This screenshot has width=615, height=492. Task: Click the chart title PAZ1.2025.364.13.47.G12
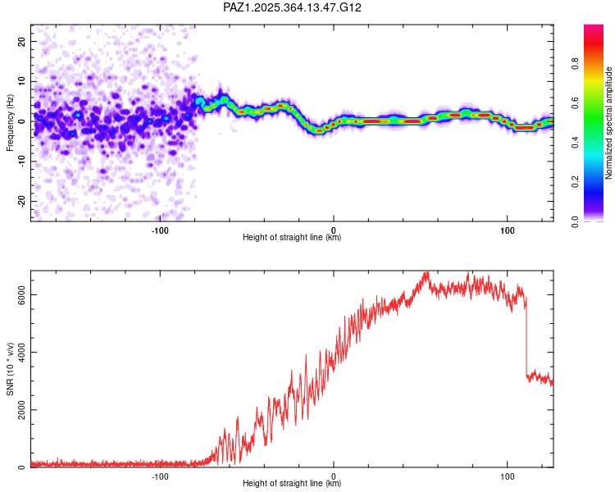pos(293,7)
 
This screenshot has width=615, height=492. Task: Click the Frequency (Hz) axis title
pos(10,123)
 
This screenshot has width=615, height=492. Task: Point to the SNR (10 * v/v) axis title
pos(10,368)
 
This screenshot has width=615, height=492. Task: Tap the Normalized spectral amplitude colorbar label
pos(608,123)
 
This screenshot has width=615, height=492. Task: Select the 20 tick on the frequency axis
pos(21,41)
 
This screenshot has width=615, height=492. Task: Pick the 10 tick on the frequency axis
pos(21,81)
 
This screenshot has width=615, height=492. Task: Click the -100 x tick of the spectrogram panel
pos(160,230)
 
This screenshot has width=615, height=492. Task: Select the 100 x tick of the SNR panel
pos(507,476)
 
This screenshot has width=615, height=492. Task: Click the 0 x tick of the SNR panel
pos(334,476)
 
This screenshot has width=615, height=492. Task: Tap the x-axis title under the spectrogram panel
pos(292,238)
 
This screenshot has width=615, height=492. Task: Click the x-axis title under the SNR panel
pos(292,484)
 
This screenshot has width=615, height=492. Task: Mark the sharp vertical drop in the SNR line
pos(526,336)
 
